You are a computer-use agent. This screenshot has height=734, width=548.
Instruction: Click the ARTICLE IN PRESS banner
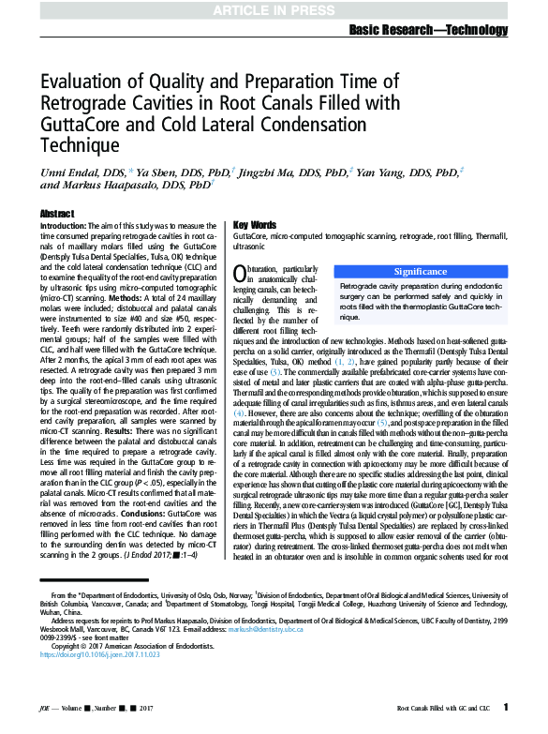pyautogui.click(x=274, y=9)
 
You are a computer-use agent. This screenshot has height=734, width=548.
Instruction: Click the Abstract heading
pyautogui.click(x=58, y=214)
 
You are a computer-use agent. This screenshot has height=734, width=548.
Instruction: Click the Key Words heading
pyautogui.click(x=254, y=226)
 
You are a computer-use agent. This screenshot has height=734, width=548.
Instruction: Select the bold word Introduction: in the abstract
pyautogui.click(x=66, y=229)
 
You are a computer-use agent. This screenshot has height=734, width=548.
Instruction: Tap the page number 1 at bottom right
pyautogui.click(x=506, y=707)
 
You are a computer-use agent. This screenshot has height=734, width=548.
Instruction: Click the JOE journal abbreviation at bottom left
pyautogui.click(x=48, y=709)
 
